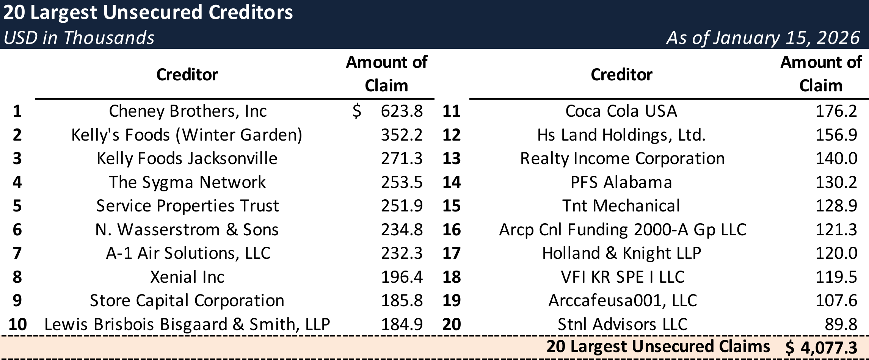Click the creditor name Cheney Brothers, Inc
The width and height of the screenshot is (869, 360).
click(x=188, y=111)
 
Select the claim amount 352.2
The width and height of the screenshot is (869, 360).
click(x=402, y=135)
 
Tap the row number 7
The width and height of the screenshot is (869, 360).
click(x=17, y=253)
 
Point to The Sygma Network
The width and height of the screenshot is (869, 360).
click(x=187, y=182)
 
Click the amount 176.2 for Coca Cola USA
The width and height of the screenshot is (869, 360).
click(x=836, y=111)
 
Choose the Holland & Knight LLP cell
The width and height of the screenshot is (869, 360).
click(x=621, y=253)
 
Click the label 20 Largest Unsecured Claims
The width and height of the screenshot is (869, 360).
click(x=658, y=346)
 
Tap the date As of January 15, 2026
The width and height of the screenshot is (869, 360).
click(x=763, y=38)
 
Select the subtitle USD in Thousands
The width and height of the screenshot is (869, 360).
click(x=79, y=38)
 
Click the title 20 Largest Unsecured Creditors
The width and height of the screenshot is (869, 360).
click(x=148, y=13)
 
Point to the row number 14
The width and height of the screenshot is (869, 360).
click(x=451, y=182)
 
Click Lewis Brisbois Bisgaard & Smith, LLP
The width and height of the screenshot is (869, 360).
click(x=187, y=324)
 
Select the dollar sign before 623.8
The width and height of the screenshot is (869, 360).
click(x=356, y=111)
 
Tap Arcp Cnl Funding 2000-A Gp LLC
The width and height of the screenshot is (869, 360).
click(x=622, y=230)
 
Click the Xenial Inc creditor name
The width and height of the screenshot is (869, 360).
click(x=187, y=277)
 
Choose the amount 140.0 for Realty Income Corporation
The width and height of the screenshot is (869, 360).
click(x=836, y=158)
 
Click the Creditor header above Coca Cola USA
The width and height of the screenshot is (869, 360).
click(x=621, y=75)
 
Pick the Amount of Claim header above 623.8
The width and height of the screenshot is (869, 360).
click(x=386, y=74)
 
